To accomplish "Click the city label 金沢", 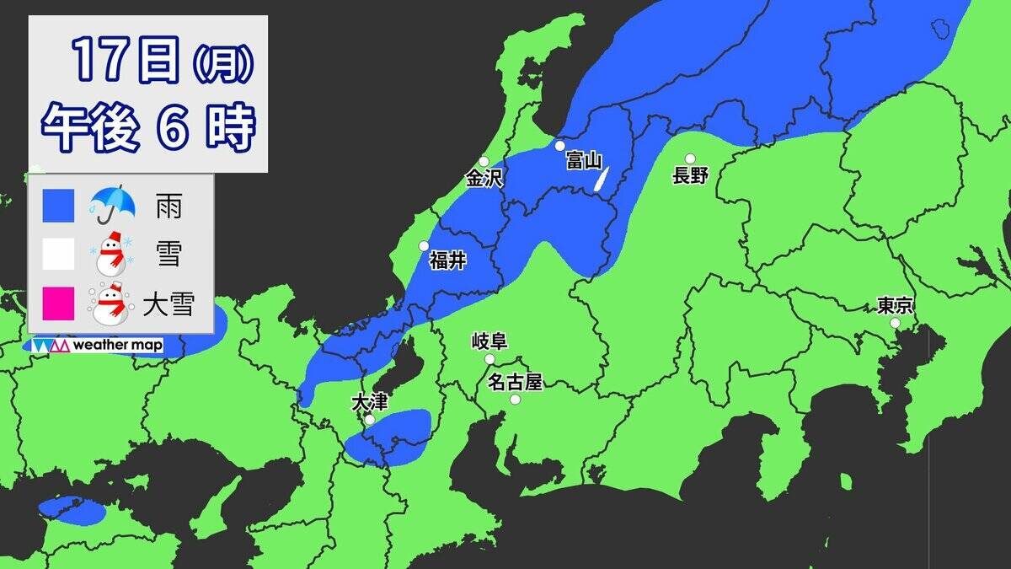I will [484, 179].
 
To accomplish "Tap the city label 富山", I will [583, 160].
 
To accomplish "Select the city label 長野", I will [690, 175].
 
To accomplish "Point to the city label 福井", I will [447, 260].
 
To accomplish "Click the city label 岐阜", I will [489, 341].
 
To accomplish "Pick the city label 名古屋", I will [515, 382].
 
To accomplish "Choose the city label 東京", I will [895, 305].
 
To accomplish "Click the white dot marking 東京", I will [895, 323].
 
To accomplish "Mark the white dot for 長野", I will [690, 158].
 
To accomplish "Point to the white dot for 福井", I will [425, 246].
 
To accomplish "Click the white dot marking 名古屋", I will [515, 399].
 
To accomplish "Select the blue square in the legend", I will [58, 206].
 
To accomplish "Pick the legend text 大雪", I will [168, 303].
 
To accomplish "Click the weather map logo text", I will [117, 345].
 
